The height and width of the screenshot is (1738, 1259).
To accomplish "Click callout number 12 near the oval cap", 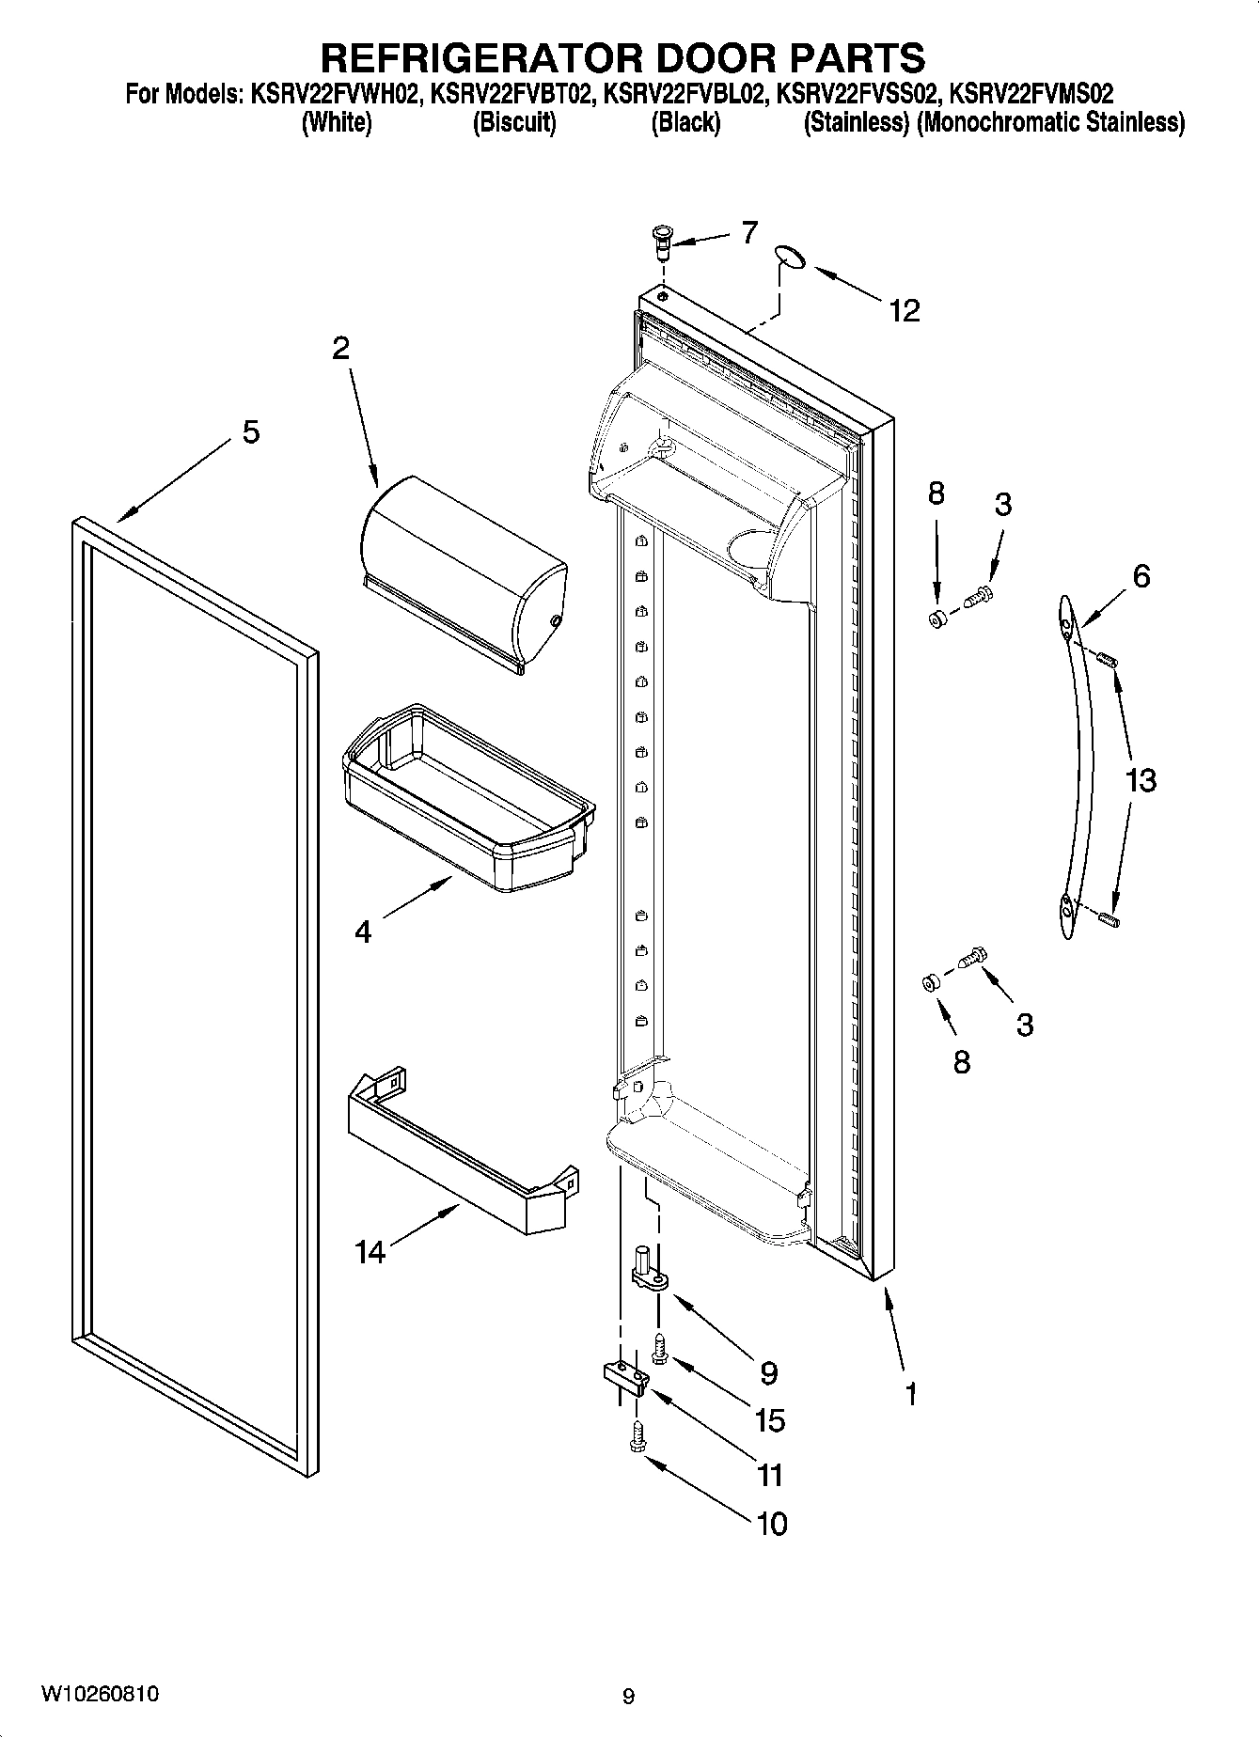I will click(x=905, y=310).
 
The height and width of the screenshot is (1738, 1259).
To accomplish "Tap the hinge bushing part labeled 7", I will click(x=661, y=243).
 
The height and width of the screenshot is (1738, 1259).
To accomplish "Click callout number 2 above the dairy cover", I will click(x=340, y=349).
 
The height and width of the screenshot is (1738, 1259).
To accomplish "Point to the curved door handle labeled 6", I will click(x=1075, y=766).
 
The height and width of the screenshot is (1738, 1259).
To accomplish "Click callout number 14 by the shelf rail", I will click(x=370, y=1251).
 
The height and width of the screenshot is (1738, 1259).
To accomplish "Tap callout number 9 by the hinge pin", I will click(x=769, y=1373).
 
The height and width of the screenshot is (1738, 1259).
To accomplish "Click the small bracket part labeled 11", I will click(x=625, y=1377).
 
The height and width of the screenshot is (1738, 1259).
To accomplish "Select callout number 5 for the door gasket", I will click(x=250, y=432).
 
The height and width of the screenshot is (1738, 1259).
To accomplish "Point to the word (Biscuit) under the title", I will click(x=513, y=123).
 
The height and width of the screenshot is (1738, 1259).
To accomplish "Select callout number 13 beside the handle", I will click(x=1141, y=779).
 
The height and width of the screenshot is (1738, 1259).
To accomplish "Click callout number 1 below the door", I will click(x=910, y=1393).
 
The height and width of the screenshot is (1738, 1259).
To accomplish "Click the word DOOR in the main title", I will click(x=716, y=58).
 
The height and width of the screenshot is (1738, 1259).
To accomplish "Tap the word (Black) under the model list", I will click(x=685, y=123).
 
